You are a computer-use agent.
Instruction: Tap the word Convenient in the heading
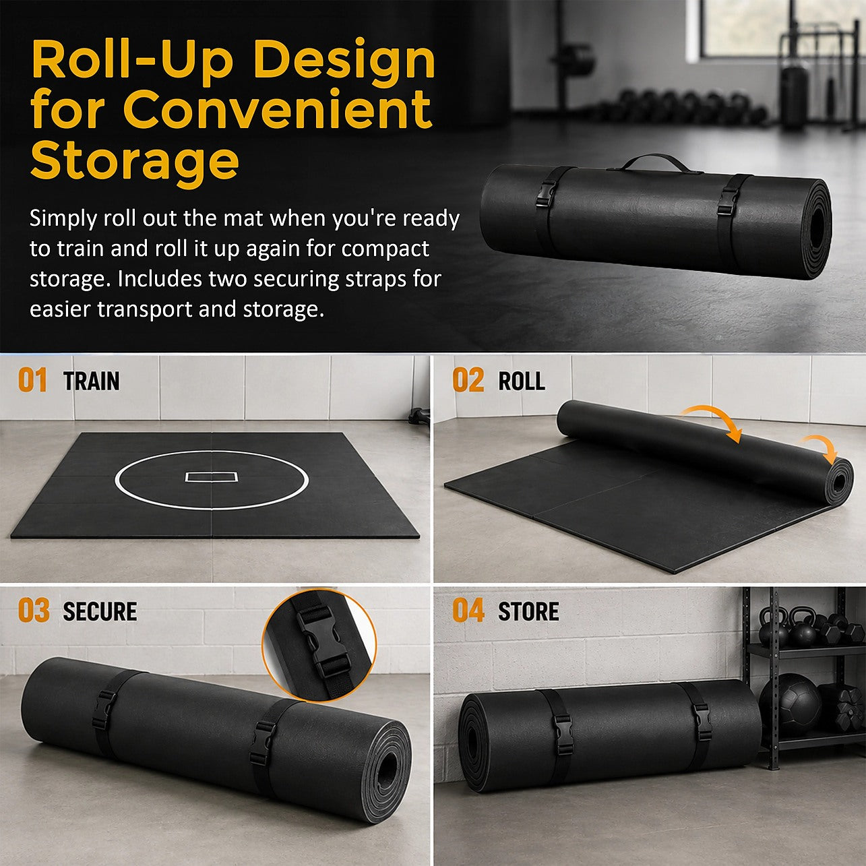click(277, 109)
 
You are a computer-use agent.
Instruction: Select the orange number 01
click(32, 380)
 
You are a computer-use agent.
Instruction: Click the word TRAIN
click(92, 381)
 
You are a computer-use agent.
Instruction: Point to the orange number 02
click(468, 380)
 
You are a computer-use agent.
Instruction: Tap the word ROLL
click(522, 381)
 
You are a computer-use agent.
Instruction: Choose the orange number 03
click(34, 611)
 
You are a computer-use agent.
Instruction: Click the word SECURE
click(100, 612)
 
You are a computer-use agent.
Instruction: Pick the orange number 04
click(469, 611)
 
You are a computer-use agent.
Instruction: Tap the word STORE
click(528, 612)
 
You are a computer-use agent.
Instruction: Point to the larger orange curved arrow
click(714, 416)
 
